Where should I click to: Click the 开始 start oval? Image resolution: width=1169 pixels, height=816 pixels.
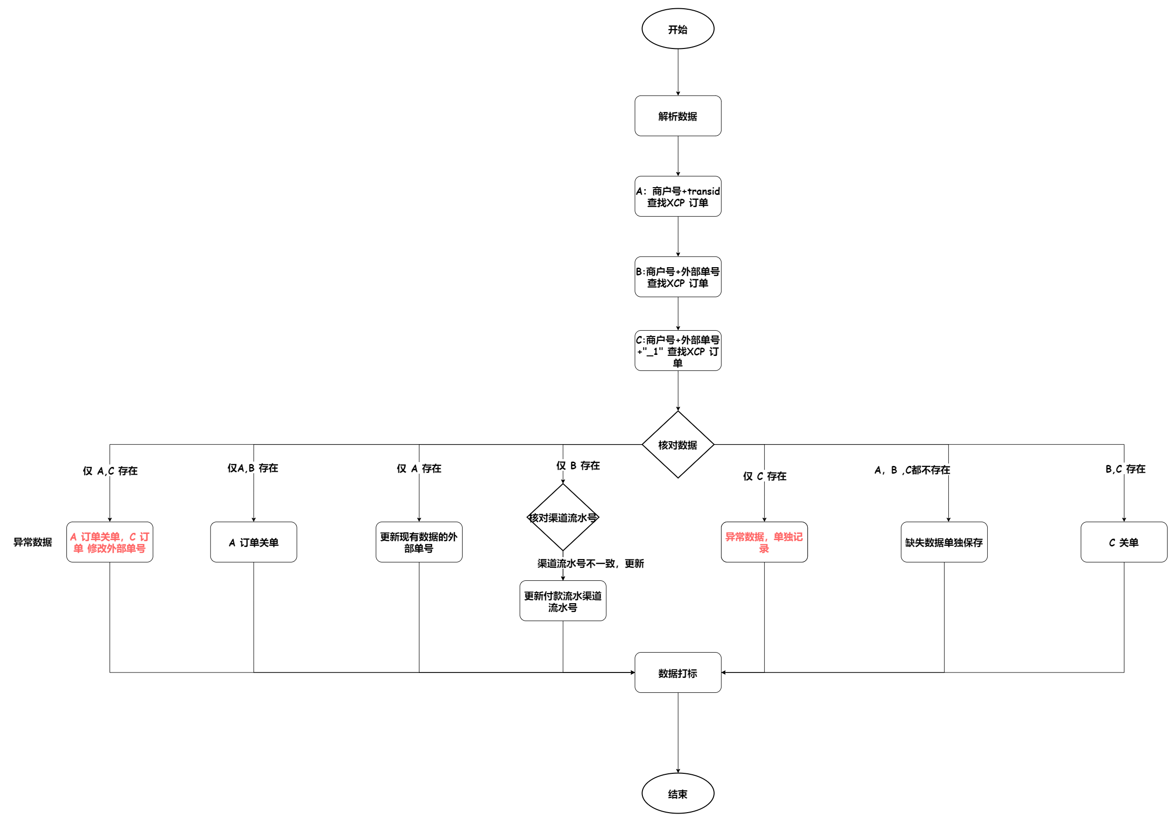(x=678, y=29)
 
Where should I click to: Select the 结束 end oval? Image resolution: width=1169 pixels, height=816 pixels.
(x=678, y=793)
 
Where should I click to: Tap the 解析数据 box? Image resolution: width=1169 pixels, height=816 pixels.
(x=678, y=116)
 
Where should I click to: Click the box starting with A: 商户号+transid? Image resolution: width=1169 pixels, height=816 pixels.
(x=678, y=196)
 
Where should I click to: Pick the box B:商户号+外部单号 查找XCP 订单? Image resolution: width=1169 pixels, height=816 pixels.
(x=678, y=277)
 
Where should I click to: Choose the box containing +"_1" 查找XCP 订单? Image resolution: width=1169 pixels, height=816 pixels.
(x=678, y=351)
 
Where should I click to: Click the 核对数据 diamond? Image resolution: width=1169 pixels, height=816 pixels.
(x=678, y=445)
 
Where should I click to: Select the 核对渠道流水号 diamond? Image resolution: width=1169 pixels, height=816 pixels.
(x=562, y=517)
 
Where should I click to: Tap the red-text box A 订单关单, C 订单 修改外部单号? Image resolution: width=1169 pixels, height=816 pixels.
(x=110, y=542)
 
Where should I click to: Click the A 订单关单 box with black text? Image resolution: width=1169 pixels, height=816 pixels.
(x=254, y=542)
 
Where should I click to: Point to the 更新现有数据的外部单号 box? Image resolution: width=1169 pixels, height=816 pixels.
(x=419, y=542)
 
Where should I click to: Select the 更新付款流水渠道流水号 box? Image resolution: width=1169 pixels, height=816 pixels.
(x=562, y=601)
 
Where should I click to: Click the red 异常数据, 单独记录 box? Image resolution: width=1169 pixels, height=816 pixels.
(x=764, y=542)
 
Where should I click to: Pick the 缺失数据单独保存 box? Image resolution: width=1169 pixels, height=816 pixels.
(x=944, y=542)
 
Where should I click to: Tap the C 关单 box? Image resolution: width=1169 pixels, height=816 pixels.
(x=1124, y=542)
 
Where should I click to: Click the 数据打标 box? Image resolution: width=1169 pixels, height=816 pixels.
(x=678, y=672)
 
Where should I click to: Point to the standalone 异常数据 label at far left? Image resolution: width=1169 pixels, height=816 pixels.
(x=32, y=542)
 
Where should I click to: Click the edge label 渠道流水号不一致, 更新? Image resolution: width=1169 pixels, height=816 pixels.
(x=591, y=563)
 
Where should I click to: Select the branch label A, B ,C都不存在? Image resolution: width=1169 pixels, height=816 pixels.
(x=913, y=470)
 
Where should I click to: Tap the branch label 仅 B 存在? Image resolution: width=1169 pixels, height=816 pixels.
(x=578, y=466)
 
